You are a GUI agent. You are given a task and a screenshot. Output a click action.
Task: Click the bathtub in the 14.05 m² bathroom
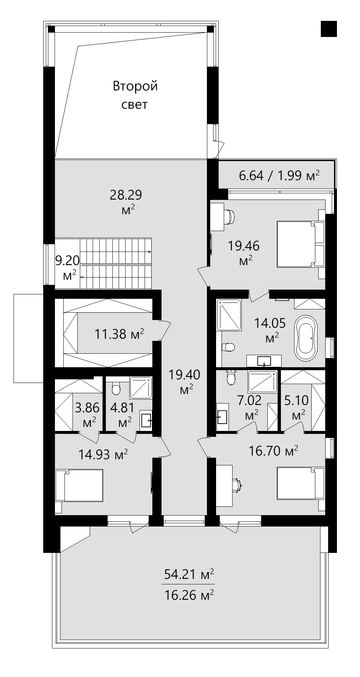point(306,338)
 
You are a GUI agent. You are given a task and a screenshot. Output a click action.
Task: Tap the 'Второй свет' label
point(135,95)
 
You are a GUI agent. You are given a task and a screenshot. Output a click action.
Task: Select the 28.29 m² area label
point(126,202)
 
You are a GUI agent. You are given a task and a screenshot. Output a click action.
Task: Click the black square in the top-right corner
point(329,29)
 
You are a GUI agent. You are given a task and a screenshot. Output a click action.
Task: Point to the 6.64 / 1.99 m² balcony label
point(279,176)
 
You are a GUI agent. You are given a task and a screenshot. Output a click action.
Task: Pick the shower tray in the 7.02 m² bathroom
point(262,381)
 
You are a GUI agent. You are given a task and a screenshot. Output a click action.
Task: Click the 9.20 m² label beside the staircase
point(67,267)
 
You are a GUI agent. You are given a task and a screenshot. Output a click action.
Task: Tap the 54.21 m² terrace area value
point(189,574)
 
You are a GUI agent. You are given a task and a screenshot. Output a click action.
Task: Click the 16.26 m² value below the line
point(189,595)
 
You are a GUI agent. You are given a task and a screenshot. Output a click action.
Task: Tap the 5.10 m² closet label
point(296,406)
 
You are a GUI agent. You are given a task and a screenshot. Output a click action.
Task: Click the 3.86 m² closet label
point(87,414)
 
